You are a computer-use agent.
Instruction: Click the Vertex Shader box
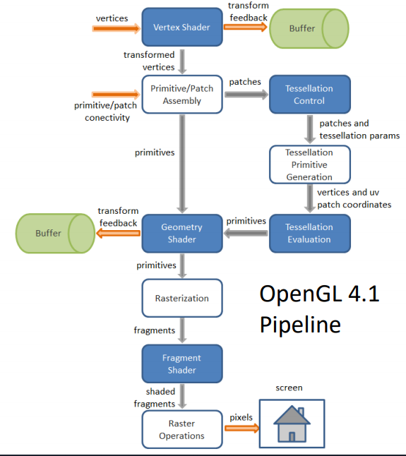coord(182,27)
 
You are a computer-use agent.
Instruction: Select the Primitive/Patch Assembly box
coord(182,95)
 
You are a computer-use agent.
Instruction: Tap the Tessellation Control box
coord(310,95)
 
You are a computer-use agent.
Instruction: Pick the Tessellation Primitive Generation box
coord(310,164)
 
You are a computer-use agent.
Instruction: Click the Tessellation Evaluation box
coord(310,233)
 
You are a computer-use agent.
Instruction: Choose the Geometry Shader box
coord(182,233)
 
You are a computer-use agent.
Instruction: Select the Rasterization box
coord(182,298)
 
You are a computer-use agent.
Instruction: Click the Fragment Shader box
coord(182,364)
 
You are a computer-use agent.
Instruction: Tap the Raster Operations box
coord(182,430)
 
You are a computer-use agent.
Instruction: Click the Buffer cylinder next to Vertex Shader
coord(309,28)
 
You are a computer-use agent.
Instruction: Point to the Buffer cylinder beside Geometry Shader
coord(55,234)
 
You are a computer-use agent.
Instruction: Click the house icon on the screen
coord(292,424)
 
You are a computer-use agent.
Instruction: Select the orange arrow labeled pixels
coord(242,428)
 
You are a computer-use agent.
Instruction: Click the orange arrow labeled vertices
coord(117,28)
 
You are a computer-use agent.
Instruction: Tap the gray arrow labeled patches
coord(246,95)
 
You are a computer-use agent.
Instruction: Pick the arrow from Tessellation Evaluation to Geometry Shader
coord(246,233)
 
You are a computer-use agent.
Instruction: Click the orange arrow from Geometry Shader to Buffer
coord(118,233)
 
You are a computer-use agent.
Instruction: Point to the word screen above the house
coord(289,388)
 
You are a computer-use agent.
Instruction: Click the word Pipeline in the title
coord(300,325)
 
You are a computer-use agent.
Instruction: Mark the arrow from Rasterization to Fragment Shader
coord(182,330)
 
